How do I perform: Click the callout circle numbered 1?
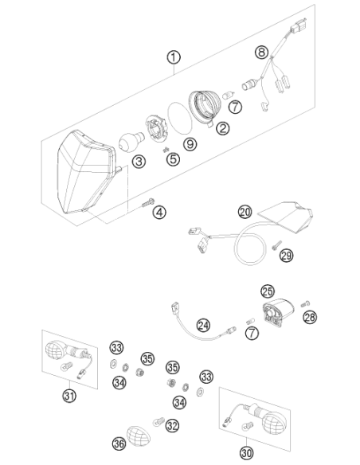(x=174, y=57)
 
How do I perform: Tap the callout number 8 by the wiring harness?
(x=261, y=53)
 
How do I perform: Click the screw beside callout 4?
(x=148, y=202)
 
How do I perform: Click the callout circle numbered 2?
(x=223, y=128)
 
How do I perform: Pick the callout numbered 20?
(x=245, y=212)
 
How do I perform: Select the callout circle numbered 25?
(x=268, y=291)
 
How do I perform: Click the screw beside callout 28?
(x=305, y=304)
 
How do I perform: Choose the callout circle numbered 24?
(x=204, y=326)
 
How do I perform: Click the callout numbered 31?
(x=69, y=396)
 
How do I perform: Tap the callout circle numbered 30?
(x=246, y=453)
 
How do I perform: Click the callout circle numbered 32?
(x=172, y=426)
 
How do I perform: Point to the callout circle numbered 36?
(x=119, y=444)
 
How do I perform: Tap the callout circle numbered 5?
(x=173, y=159)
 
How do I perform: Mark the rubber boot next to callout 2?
(x=205, y=108)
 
